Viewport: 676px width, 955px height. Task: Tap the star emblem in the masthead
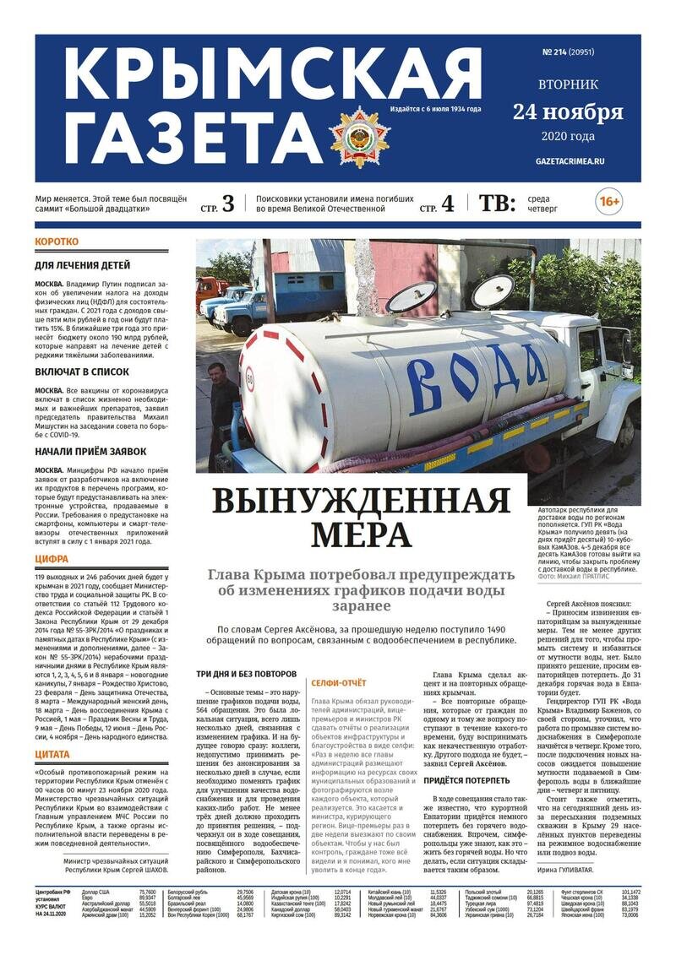click(x=360, y=137)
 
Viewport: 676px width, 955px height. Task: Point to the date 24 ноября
click(x=568, y=111)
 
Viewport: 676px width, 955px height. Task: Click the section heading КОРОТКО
click(x=57, y=242)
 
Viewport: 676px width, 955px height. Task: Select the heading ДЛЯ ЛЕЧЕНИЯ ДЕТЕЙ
click(x=82, y=265)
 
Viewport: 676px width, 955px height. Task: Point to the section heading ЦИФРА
click(x=52, y=559)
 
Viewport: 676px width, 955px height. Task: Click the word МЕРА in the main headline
click(x=361, y=535)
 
